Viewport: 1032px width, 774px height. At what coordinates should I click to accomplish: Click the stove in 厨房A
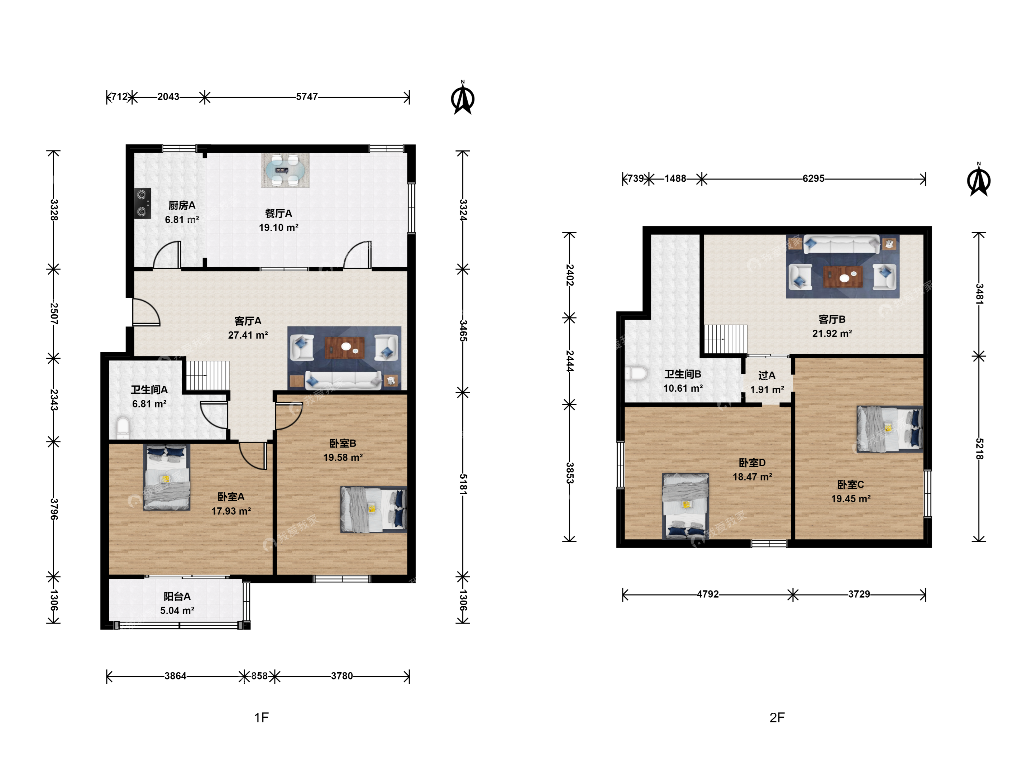[143, 204]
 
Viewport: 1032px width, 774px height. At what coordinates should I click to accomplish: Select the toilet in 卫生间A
[123, 427]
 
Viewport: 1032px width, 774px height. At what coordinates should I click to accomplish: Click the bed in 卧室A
[167, 477]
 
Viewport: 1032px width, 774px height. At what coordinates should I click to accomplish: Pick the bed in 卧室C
[890, 429]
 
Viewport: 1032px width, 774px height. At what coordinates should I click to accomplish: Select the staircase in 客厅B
[726, 339]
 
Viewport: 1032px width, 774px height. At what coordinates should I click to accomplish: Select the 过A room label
[766, 376]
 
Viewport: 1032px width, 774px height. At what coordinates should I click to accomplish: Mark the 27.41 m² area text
[248, 335]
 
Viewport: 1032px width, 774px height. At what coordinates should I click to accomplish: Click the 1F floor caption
[261, 717]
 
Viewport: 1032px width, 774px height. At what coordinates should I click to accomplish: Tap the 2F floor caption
[777, 717]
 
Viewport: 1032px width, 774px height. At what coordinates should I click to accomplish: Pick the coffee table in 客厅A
[345, 347]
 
